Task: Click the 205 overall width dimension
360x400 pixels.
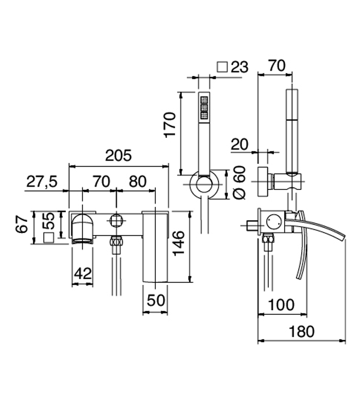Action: (x=118, y=155)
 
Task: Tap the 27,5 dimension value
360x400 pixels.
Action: (x=42, y=182)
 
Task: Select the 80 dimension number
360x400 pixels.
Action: (x=138, y=182)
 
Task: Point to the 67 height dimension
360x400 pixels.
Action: (x=22, y=224)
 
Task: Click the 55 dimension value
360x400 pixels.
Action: (x=48, y=221)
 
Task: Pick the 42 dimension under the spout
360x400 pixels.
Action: (x=83, y=274)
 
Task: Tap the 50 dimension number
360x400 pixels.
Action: (x=156, y=300)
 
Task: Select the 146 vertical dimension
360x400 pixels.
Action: (x=178, y=243)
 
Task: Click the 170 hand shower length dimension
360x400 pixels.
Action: (x=170, y=125)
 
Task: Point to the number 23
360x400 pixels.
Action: (x=239, y=67)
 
